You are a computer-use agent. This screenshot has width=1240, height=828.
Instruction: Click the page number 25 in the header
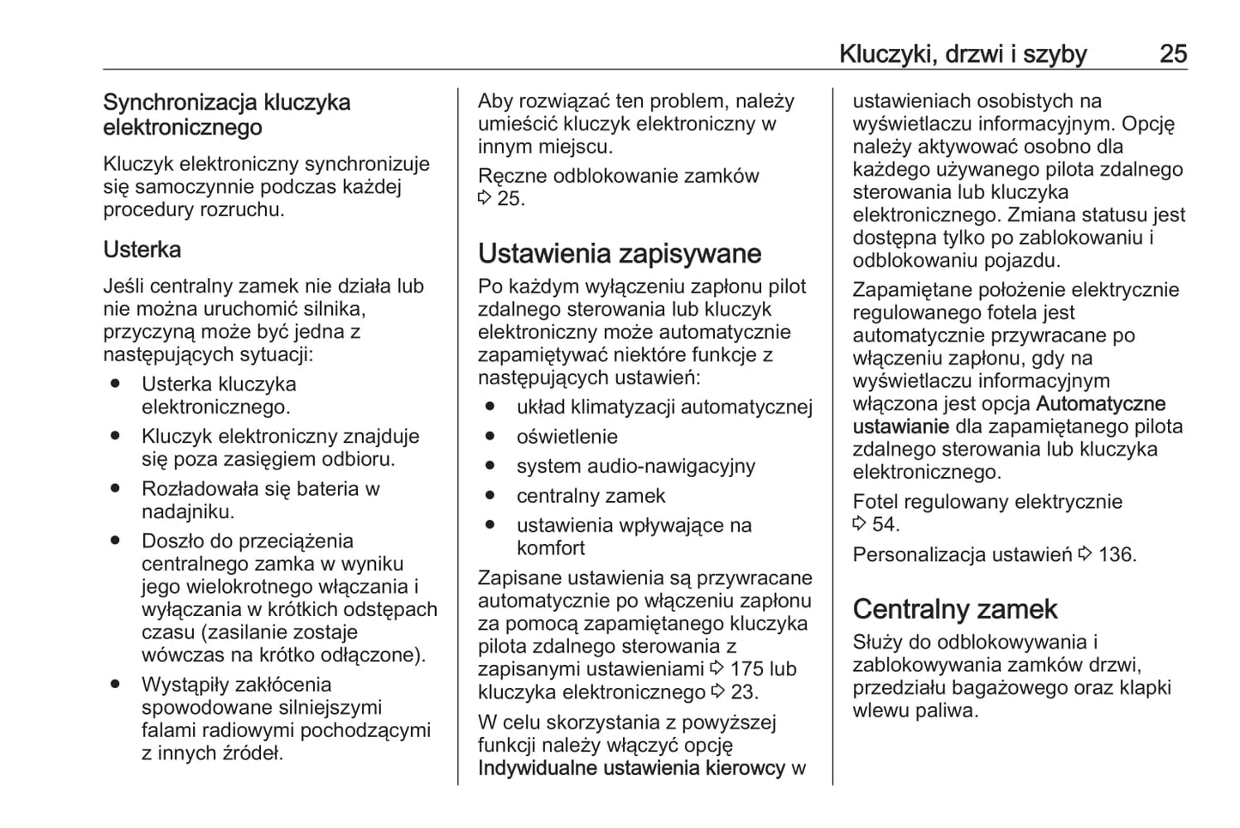(1172, 54)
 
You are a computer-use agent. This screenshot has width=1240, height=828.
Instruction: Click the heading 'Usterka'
(142, 250)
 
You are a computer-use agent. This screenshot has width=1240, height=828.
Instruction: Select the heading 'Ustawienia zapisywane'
(619, 254)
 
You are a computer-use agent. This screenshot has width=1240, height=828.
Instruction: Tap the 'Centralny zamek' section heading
(954, 609)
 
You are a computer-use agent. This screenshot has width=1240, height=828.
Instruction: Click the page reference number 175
(747, 669)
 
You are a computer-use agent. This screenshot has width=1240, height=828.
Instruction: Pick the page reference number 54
(885, 524)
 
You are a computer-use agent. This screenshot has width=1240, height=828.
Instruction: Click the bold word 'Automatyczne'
(1100, 404)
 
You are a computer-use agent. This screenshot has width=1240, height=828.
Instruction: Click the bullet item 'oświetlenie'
(566, 437)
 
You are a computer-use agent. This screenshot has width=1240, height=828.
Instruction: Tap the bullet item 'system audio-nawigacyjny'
(635, 467)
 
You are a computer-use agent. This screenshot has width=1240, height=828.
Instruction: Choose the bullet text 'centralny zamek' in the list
(590, 496)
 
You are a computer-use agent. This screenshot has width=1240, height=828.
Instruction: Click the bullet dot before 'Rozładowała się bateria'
(115, 489)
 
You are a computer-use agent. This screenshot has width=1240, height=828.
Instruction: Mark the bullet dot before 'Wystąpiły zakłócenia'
(115, 685)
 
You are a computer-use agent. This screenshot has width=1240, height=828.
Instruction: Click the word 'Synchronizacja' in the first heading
(180, 103)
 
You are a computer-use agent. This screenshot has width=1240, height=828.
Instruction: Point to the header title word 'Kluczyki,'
(887, 54)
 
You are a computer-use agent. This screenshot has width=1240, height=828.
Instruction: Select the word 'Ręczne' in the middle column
(512, 176)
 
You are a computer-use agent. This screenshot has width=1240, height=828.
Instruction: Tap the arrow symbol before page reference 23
(718, 692)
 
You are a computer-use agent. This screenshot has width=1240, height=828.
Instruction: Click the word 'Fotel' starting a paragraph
(874, 502)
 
